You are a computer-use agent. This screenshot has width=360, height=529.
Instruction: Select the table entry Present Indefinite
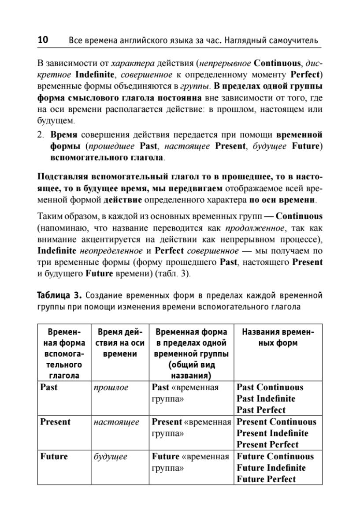272,433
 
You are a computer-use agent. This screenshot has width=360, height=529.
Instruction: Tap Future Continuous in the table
275,456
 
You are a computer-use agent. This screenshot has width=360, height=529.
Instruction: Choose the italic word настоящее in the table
116,422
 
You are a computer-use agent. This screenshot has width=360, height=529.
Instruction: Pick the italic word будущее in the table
111,456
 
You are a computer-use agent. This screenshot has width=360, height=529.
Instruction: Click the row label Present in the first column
55,422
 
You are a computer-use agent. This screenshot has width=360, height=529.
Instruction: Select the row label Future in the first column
54,456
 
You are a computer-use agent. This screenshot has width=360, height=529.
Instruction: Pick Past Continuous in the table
270,387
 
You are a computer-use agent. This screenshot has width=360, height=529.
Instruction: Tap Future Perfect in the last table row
266,479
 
